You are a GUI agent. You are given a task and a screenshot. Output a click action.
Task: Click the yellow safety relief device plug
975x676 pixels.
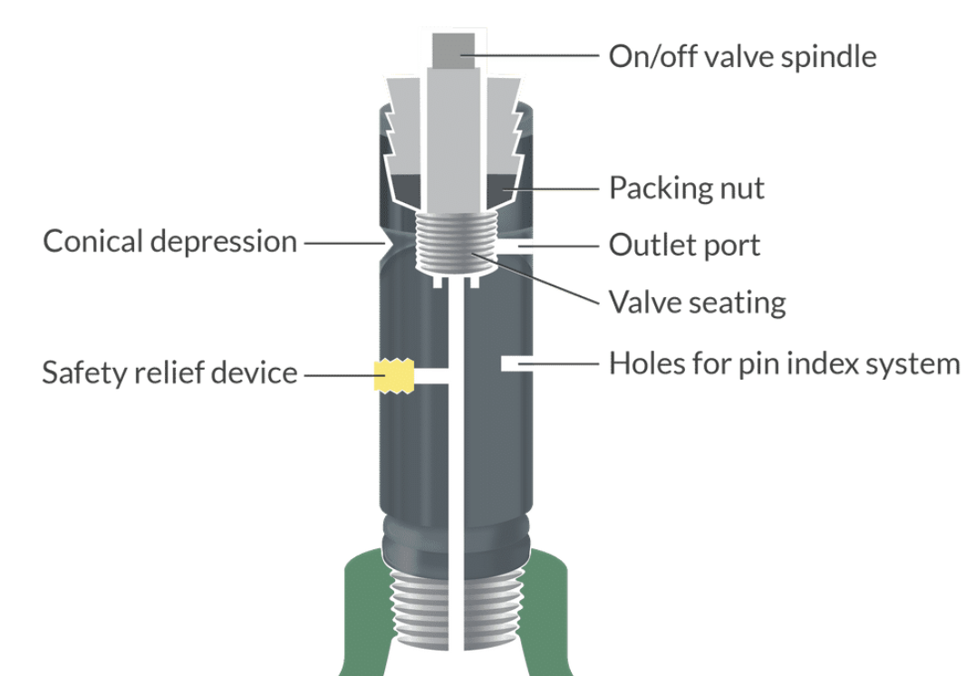pos(394,375)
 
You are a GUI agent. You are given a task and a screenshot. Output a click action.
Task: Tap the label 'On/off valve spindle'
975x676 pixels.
pos(742,56)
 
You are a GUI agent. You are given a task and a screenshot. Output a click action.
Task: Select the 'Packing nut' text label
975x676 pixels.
pos(686,188)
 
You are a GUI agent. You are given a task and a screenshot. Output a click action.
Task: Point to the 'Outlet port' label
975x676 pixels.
pos(684,245)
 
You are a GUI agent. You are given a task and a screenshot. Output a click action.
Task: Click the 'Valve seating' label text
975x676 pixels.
pos(697,301)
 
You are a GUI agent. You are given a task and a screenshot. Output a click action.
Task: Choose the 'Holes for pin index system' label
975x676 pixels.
pos(784,364)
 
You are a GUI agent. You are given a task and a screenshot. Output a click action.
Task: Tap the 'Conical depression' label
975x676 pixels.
pos(170,242)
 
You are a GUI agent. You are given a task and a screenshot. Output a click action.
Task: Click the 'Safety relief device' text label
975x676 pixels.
pos(169,372)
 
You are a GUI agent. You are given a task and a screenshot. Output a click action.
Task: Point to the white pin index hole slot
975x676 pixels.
pos(514,363)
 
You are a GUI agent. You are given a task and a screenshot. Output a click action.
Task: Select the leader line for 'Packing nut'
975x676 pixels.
pos(553,189)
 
